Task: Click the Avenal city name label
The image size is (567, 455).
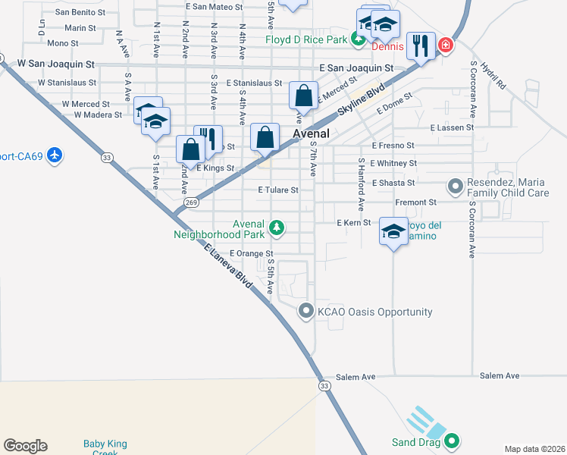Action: point(311,133)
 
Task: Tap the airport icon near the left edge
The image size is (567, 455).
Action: point(54,155)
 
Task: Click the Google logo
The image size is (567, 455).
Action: point(25,446)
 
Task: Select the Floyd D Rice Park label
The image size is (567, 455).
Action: point(305,39)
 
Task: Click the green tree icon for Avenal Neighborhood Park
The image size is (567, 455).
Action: point(277,226)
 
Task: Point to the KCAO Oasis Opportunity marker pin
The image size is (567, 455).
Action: point(305,311)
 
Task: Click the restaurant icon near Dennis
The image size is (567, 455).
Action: point(420,45)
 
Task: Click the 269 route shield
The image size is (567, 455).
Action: point(191,202)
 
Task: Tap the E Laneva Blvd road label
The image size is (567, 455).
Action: point(227,264)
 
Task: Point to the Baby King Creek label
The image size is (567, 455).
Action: point(105,448)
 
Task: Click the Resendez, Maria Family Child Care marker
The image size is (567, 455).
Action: point(455,186)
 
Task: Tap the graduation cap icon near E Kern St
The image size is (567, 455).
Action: point(393,232)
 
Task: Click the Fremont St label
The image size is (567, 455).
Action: point(417,202)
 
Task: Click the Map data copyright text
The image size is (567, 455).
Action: point(534,449)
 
